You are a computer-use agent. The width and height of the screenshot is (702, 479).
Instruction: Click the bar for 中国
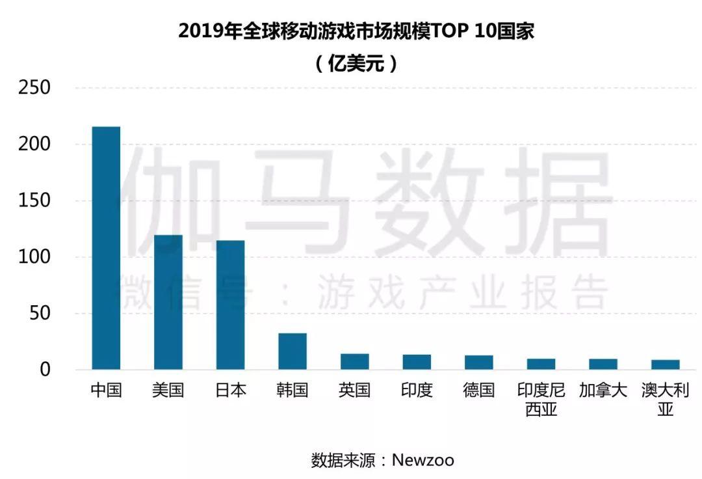click(x=106, y=248)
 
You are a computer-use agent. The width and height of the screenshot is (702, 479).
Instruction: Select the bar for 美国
click(x=168, y=302)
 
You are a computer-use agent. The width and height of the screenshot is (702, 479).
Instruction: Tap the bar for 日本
click(x=231, y=305)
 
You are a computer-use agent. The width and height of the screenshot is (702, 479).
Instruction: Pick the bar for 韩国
click(x=292, y=351)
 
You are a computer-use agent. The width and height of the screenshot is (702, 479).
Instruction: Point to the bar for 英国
click(x=355, y=362)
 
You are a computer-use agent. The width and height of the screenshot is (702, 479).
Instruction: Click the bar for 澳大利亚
click(x=666, y=364)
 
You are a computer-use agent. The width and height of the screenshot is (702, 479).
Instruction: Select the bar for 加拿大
click(x=603, y=364)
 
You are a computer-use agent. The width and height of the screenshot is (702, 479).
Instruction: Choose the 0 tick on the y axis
click(x=45, y=370)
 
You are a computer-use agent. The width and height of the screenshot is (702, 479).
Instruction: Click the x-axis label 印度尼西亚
click(x=541, y=400)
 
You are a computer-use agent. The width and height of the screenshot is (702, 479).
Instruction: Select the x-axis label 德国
click(x=479, y=390)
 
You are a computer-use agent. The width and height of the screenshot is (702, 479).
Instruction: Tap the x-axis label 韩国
click(x=292, y=390)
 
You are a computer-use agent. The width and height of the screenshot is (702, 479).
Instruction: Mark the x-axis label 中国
click(x=106, y=390)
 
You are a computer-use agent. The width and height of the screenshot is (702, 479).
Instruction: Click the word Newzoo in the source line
click(x=422, y=461)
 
